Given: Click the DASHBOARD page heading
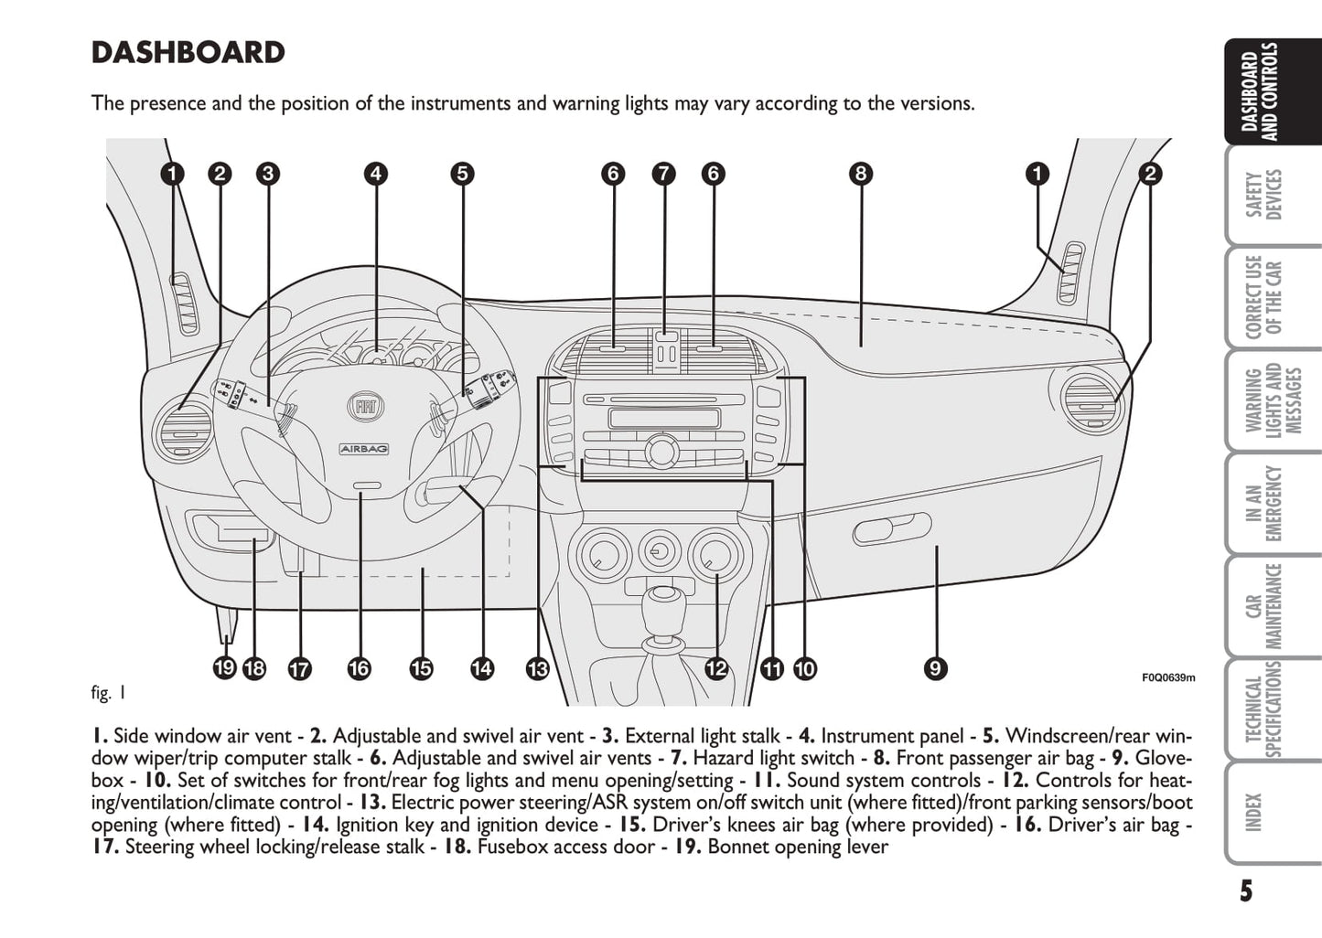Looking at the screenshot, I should coord(188,53).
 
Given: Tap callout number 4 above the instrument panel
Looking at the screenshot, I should coord(375,174).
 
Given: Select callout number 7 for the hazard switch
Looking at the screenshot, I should coord(663,174).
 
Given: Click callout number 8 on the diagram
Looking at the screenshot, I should coord(860,174).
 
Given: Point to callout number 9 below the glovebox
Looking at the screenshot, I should coord(934,669).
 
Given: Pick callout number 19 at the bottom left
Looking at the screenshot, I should coord(224,669).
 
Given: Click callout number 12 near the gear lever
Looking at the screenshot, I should coord(716,669).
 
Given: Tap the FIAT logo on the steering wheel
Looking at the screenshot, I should coord(366,407).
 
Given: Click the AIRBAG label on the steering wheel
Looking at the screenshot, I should coord(364,449).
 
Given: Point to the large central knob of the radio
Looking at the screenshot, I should coord(661,451).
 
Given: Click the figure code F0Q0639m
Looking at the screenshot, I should coord(1168,677).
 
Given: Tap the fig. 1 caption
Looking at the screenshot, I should coord(109,693).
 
